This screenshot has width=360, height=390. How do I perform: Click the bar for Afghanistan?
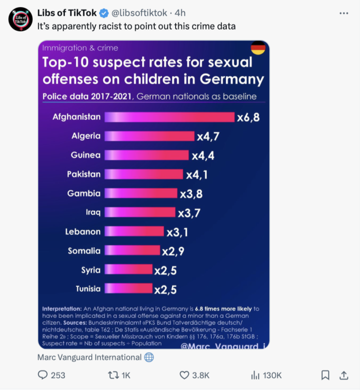coord(169,117)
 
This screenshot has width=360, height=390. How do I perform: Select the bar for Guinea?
coord(146,155)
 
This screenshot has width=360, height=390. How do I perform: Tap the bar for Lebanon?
coord(134,231)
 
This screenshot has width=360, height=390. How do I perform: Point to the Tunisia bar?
coord(128,289)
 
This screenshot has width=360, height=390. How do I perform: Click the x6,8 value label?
coord(248,118)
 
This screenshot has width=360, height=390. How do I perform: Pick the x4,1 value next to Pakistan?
coord(197,174)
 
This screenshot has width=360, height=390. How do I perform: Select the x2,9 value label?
coord(173,251)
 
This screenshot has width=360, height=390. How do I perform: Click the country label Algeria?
coord(86,136)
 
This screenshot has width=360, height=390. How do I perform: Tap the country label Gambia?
coord(84,193)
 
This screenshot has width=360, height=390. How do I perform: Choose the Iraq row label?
coord(93,212)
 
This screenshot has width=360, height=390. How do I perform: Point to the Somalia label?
coord(84,251)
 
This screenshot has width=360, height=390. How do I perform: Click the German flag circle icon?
coord(258,48)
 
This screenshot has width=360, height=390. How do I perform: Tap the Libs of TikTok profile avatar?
coord(19,18)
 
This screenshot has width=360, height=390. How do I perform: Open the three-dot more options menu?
coord(344,13)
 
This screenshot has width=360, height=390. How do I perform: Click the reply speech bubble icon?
coord(42,375)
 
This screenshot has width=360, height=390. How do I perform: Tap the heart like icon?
coord(184,375)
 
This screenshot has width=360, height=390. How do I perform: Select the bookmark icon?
coord(325,375)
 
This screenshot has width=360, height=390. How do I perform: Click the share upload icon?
coord(343,375)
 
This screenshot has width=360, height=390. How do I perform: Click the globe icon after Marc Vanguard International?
coord(149,358)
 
